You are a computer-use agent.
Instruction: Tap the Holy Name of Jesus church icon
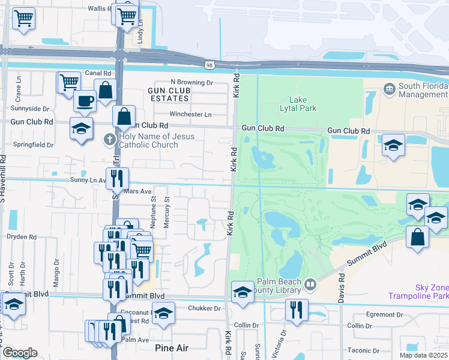(109, 139)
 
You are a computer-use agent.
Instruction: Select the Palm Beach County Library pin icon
(310, 284)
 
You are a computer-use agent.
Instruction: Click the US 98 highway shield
(209, 64)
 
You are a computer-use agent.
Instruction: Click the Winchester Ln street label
(191, 114)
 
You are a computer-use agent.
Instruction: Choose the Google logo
(20, 353)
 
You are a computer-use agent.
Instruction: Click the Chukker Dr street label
(205, 308)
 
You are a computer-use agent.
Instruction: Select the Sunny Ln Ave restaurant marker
(117, 177)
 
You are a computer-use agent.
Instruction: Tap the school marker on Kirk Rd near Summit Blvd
(242, 292)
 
